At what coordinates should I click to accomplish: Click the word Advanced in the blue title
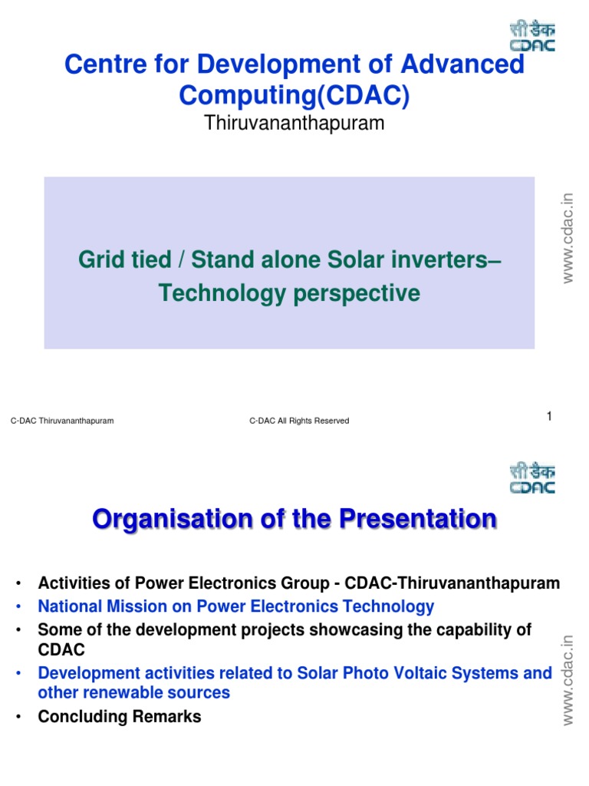point(462,64)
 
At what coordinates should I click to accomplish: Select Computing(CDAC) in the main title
point(294,95)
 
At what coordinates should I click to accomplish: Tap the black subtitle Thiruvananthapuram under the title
point(294,124)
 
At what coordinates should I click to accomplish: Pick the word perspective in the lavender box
point(357,294)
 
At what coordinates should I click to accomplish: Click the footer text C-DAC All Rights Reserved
point(299,421)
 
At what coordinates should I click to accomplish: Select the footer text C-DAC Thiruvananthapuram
point(62,421)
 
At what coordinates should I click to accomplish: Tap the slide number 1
point(549,416)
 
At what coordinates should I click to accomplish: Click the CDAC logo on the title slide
point(532,36)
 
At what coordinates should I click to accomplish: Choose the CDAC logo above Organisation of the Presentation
point(532,478)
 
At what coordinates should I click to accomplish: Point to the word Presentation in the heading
point(418,518)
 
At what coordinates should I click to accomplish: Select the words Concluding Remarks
point(119,717)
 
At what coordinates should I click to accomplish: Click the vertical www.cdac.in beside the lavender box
point(567,238)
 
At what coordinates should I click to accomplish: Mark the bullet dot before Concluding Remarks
point(18,717)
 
